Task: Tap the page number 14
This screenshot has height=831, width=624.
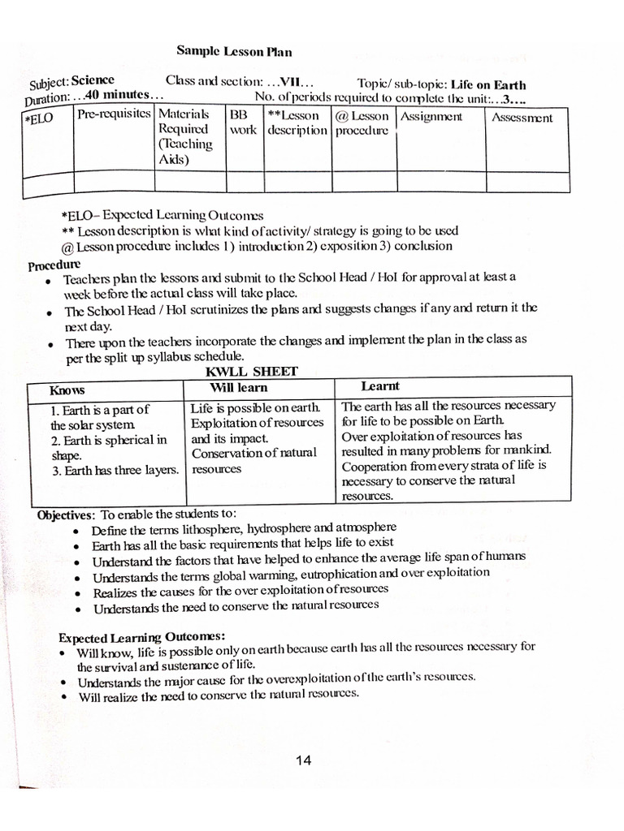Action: click(304, 760)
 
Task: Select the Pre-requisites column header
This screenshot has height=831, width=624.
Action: click(114, 114)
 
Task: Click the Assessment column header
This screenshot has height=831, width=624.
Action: click(522, 118)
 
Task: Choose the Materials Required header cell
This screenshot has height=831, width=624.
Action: click(185, 136)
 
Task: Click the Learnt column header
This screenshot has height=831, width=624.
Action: click(379, 386)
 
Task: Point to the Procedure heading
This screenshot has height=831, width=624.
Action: click(54, 265)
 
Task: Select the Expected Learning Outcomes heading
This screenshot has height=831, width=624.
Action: click(142, 635)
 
